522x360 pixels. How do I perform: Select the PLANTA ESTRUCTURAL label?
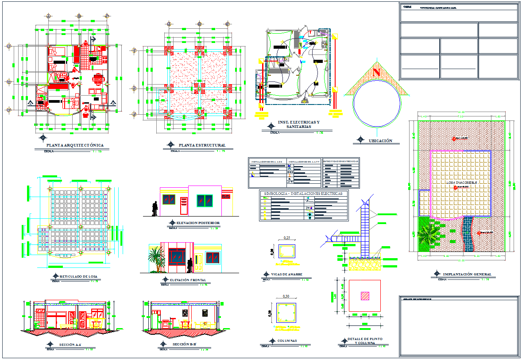(x=202, y=145)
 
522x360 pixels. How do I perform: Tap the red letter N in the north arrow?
(x=377, y=72)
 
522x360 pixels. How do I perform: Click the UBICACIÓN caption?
(x=380, y=141)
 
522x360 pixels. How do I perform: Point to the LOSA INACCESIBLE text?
(x=461, y=182)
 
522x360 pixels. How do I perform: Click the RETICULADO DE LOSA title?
(x=78, y=276)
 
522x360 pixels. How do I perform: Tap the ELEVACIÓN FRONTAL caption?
(x=188, y=280)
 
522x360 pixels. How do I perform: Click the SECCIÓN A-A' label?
(x=70, y=344)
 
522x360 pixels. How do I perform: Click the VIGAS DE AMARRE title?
(x=286, y=275)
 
